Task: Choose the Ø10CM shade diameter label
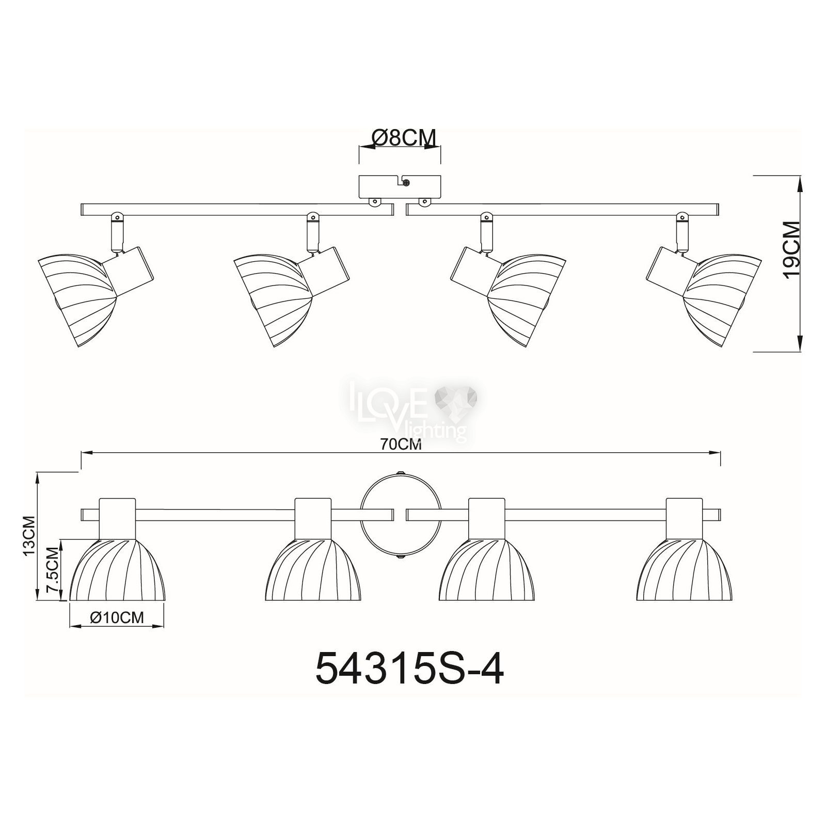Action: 116,617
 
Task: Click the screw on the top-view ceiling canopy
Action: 407,182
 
